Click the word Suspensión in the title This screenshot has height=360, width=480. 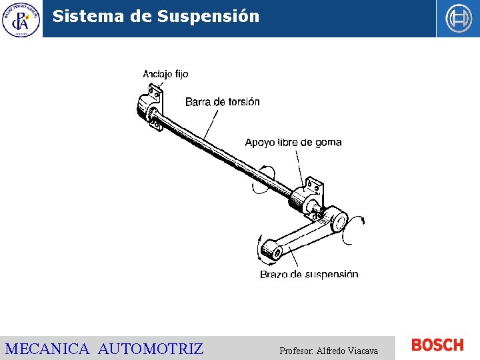(x=208, y=17)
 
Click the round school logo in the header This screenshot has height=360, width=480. (x=21, y=19)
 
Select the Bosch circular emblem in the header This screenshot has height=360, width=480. (x=458, y=19)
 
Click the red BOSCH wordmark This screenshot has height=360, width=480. (x=437, y=345)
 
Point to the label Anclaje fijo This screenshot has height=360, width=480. (x=165, y=74)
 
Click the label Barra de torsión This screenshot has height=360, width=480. (x=222, y=102)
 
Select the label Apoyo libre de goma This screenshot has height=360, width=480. (x=293, y=142)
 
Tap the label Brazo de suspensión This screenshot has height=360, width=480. (x=309, y=274)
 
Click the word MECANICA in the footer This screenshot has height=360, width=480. (x=47, y=348)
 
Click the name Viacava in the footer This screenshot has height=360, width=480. (x=363, y=351)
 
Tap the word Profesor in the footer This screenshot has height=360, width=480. (x=297, y=351)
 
